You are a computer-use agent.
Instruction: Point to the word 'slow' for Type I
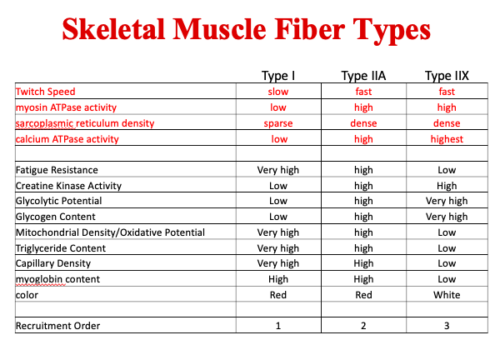click(x=278, y=92)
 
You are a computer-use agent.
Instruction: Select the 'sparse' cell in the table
click(x=278, y=123)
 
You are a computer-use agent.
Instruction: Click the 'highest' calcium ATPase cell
click(x=447, y=139)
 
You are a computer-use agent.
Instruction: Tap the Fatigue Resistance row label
click(x=57, y=170)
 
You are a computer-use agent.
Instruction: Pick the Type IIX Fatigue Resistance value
click(x=447, y=170)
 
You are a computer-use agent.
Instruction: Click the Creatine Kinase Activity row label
click(x=68, y=186)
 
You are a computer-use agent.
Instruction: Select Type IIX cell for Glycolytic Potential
click(x=447, y=201)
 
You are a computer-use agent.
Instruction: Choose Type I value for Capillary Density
click(x=278, y=263)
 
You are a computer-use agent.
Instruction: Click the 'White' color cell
click(x=447, y=294)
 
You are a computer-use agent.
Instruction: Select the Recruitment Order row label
click(x=57, y=326)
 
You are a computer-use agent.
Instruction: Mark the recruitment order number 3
click(x=447, y=326)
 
